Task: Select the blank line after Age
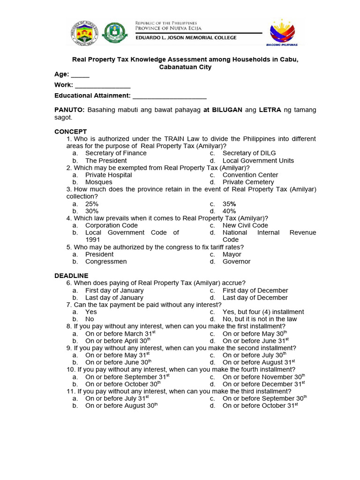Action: tap(80, 76)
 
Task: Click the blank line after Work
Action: tap(103, 87)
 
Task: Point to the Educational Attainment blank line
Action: tap(169, 97)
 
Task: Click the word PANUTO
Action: tap(69, 110)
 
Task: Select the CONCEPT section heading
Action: tap(71, 132)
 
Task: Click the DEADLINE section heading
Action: tap(71, 276)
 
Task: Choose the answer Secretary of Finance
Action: tap(116, 153)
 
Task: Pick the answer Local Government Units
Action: tap(258, 160)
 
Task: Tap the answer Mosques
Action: tap(98, 182)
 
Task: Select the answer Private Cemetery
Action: tap(248, 182)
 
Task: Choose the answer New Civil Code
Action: tap(245, 225)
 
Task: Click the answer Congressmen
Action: tap(106, 262)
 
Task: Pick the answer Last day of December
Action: tap(255, 298)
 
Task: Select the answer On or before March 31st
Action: tap(120, 333)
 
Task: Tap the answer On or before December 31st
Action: tap(264, 384)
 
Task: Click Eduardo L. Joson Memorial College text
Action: tap(186, 37)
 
